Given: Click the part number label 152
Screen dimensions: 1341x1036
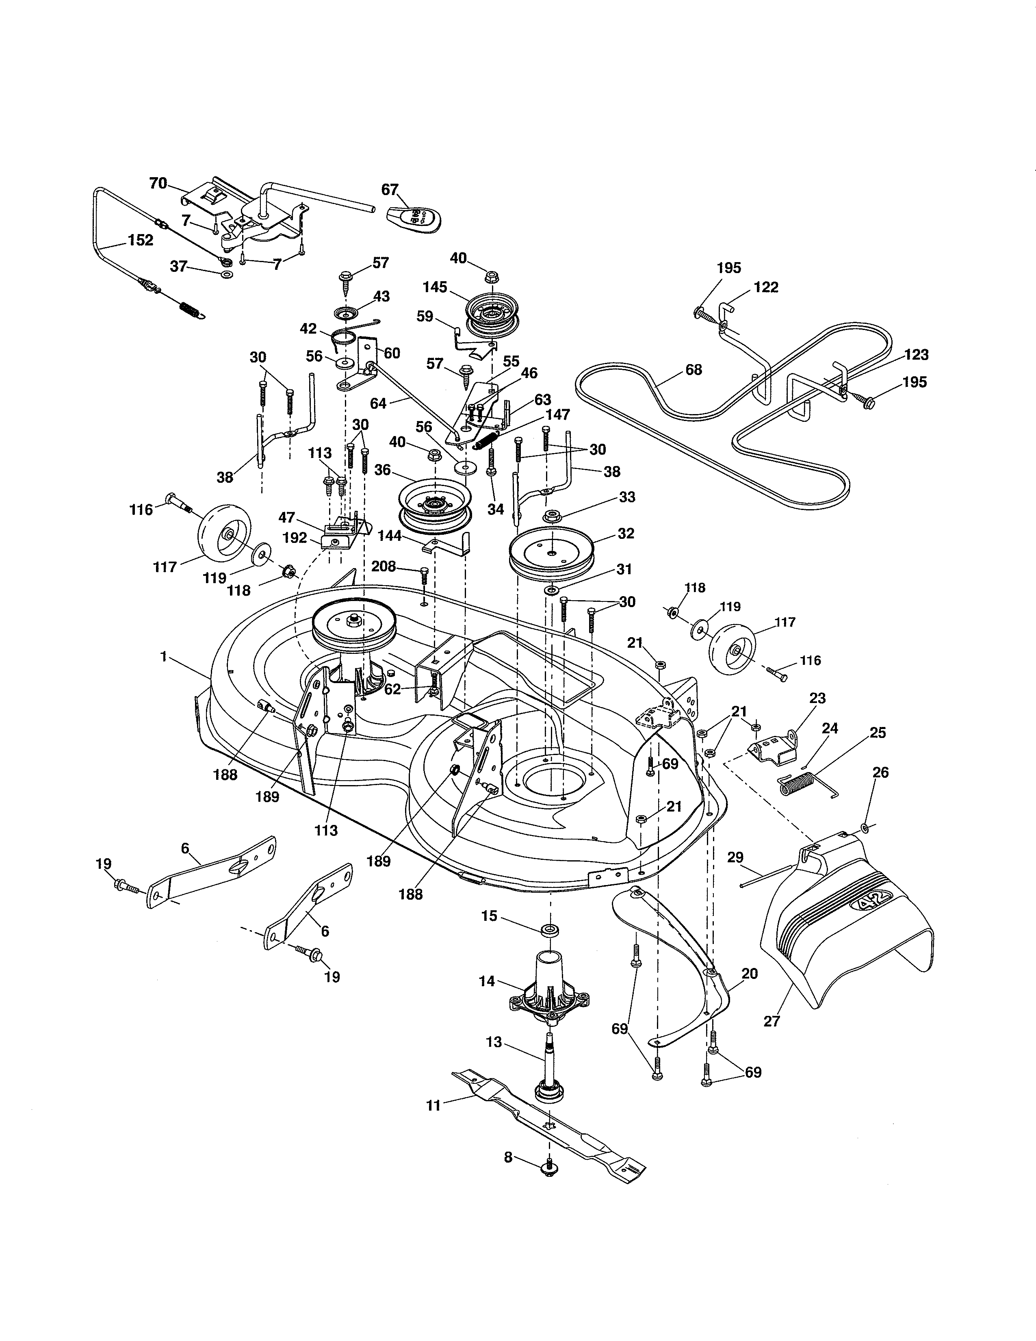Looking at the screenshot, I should point(141,240).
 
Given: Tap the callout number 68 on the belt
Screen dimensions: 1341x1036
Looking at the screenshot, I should point(694,370).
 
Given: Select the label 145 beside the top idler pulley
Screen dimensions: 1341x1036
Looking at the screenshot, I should point(435,287).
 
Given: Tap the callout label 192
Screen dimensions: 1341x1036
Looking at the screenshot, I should point(295,538).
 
